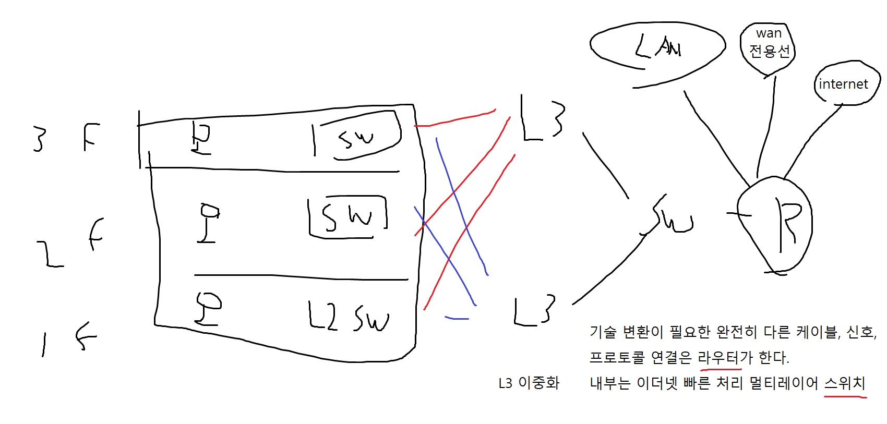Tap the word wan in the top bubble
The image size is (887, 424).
(769, 33)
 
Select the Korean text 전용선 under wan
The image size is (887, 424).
(770, 51)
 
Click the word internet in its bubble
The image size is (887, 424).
(843, 84)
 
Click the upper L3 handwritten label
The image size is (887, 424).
(543, 118)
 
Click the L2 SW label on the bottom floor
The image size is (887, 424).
(349, 316)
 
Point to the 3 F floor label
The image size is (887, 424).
(65, 138)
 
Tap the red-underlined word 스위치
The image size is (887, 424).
(845, 383)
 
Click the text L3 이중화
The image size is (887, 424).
(529, 383)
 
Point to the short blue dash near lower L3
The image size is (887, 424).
(457, 318)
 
